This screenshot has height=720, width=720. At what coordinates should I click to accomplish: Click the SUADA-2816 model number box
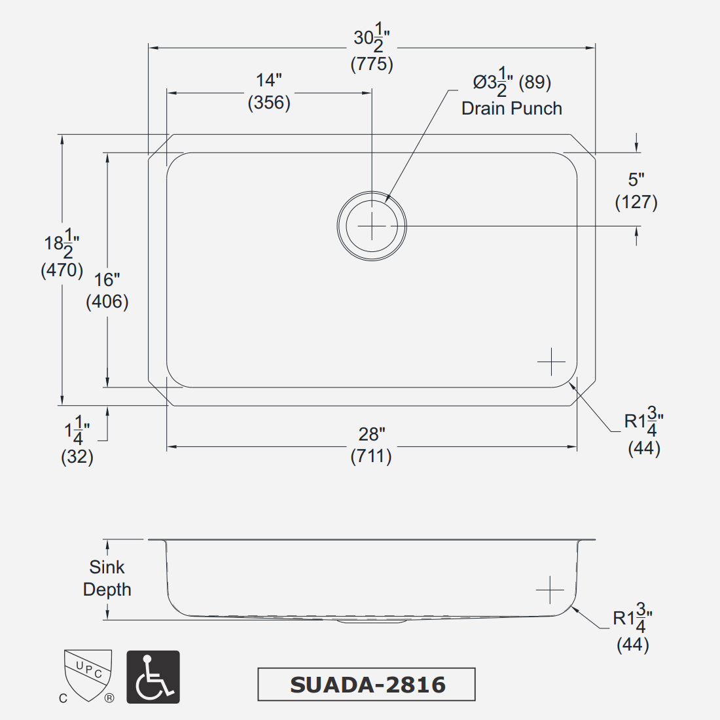(367, 685)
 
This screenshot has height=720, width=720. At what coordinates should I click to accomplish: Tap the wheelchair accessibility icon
(153, 677)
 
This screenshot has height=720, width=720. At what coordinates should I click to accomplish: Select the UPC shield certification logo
(88, 674)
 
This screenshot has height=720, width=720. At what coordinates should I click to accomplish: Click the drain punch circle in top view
(372, 226)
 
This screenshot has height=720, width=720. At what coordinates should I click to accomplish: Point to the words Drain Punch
(511, 109)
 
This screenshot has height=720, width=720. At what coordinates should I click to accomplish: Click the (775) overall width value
(372, 64)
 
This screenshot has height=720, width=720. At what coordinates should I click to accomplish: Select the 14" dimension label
(268, 81)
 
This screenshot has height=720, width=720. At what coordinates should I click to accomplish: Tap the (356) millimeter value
(269, 103)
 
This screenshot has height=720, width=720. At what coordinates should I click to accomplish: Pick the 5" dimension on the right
(636, 179)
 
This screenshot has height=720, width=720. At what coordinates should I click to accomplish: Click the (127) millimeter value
(636, 202)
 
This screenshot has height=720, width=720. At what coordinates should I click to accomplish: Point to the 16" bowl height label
(107, 280)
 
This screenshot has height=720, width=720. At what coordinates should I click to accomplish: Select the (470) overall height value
(62, 270)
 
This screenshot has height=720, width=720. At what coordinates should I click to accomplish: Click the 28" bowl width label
(372, 434)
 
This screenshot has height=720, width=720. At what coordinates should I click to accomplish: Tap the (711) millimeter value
(371, 456)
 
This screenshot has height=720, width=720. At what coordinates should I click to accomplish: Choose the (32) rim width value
(77, 456)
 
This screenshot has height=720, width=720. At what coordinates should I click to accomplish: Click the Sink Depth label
(107, 578)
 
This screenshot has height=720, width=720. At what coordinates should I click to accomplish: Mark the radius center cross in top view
(551, 362)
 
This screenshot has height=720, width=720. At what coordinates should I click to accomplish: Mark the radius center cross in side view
(550, 590)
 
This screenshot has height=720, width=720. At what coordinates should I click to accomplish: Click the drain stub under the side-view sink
(372, 621)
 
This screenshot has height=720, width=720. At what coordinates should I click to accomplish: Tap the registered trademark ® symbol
(109, 698)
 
